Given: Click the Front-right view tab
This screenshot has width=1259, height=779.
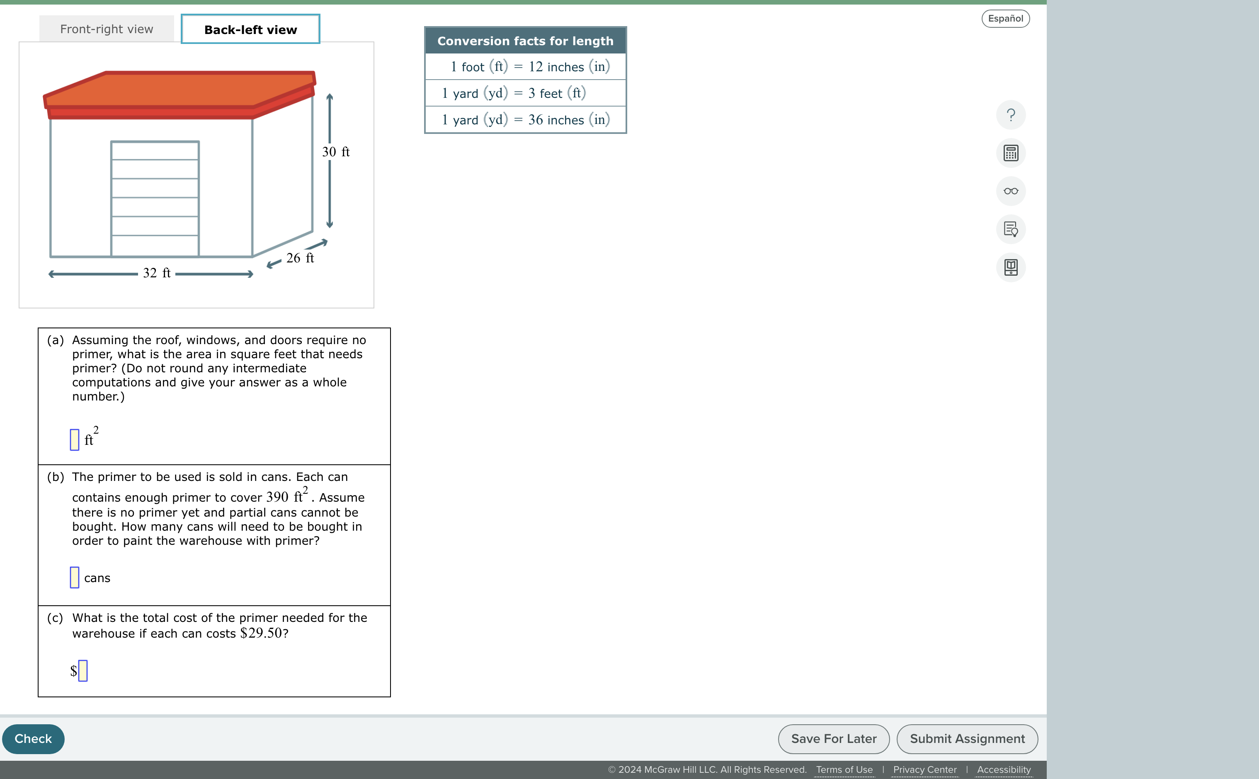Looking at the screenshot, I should click(x=107, y=29).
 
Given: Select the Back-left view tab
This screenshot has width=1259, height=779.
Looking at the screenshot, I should click(x=250, y=29).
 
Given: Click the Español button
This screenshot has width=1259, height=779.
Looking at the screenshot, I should click(x=1005, y=19).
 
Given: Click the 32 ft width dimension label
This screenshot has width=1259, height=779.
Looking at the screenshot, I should click(x=157, y=273).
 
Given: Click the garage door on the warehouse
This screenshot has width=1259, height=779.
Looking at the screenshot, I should click(x=155, y=198).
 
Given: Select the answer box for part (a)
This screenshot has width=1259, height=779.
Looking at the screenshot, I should click(x=75, y=439).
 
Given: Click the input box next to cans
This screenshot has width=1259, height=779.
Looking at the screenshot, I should click(x=75, y=577).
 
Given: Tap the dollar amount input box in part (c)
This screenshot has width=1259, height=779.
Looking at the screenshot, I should click(x=83, y=670).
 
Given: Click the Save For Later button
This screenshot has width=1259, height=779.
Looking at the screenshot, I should click(x=834, y=739).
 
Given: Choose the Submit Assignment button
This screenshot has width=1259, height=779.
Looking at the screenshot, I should click(x=967, y=739).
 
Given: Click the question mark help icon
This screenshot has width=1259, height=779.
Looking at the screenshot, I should click(x=1011, y=115).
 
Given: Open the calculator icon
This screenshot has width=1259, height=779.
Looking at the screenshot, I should click(x=1011, y=153).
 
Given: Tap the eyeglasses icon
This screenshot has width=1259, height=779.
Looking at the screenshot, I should click(x=1011, y=191).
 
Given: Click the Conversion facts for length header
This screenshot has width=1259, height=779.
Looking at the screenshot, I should click(x=525, y=41).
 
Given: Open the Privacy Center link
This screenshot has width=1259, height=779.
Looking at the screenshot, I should click(x=925, y=769).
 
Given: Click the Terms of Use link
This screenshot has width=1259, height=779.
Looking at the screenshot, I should click(x=844, y=769).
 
